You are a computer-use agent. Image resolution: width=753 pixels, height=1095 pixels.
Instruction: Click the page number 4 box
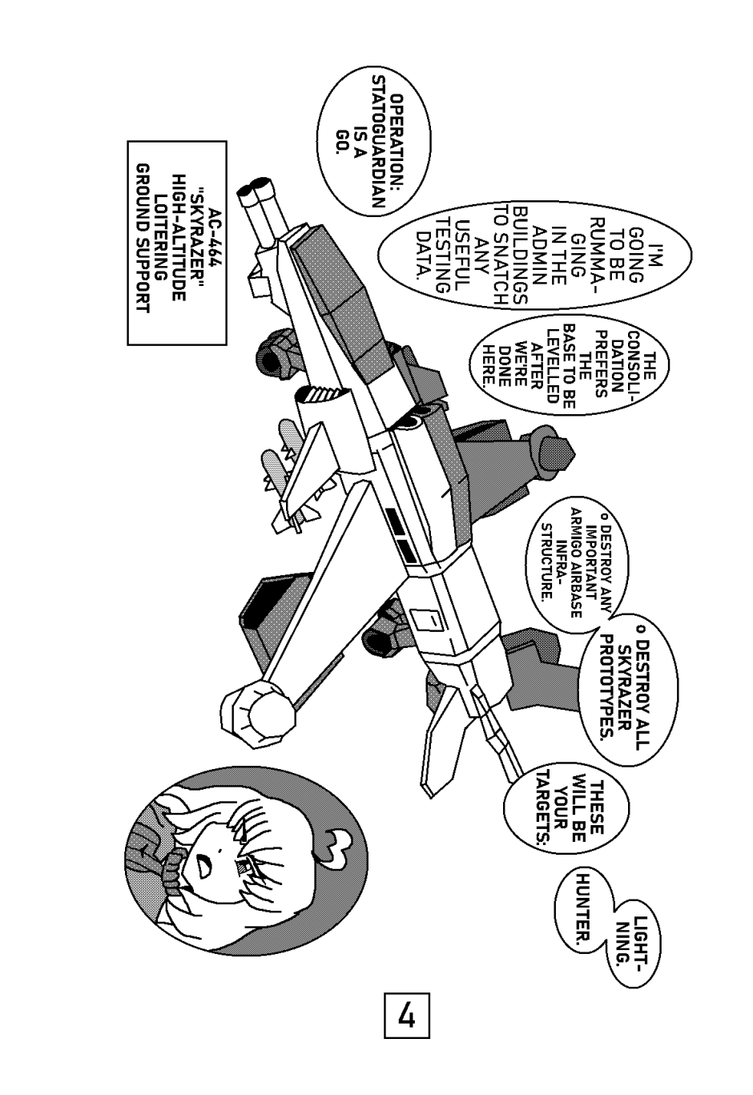point(407,1016)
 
